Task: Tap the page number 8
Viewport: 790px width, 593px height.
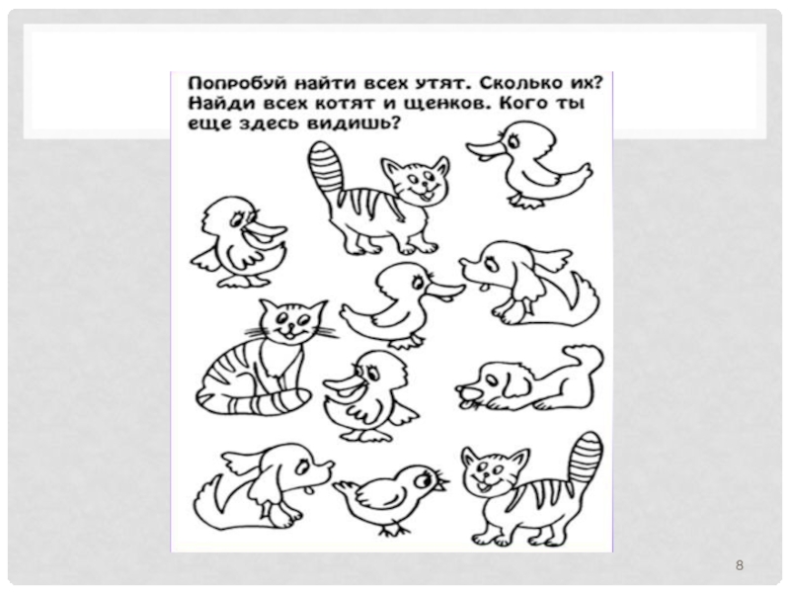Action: [x=739, y=565]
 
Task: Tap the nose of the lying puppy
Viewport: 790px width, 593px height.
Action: [x=464, y=389]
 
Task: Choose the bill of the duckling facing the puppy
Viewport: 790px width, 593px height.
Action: [x=446, y=291]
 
